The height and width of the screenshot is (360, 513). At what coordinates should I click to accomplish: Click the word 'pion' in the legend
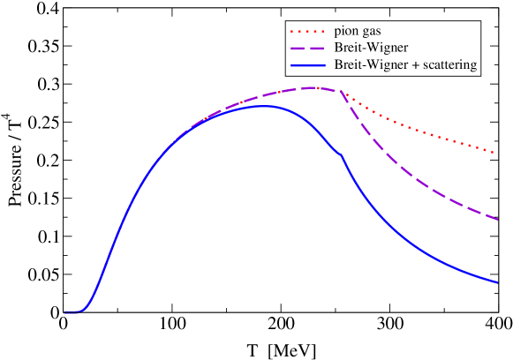coord(346,32)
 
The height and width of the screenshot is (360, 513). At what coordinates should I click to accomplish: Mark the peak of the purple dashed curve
coord(313,87)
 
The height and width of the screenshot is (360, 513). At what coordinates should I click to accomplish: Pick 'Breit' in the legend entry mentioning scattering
coord(347,65)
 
